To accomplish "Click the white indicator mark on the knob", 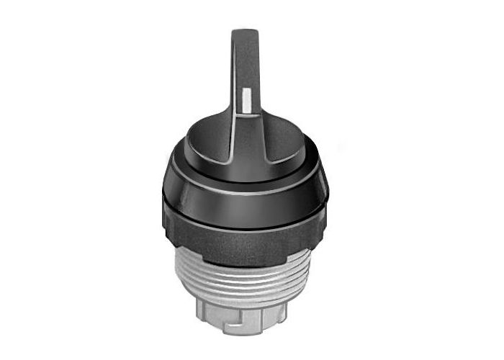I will click(x=247, y=101).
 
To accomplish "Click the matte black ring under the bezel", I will click(x=245, y=234).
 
